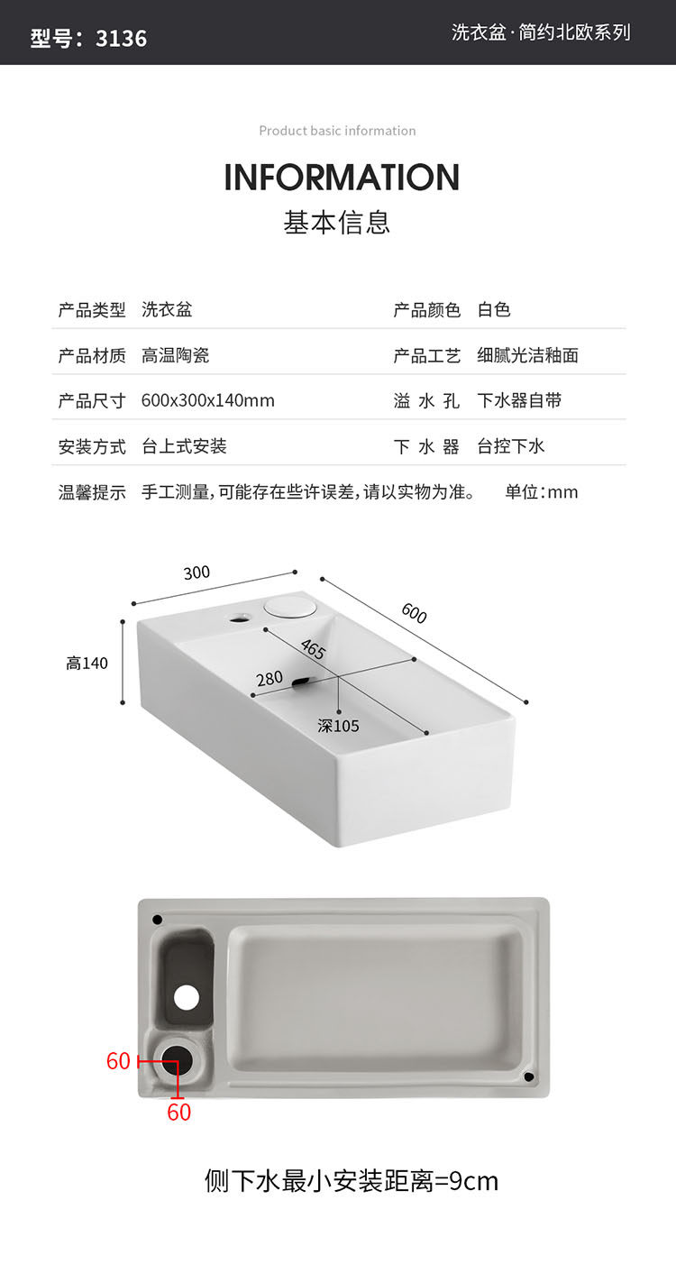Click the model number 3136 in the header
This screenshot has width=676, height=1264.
click(x=121, y=38)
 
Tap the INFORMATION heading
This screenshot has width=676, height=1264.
click(x=342, y=177)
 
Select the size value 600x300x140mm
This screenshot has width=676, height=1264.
click(x=207, y=400)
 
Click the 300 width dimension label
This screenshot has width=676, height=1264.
click(x=196, y=572)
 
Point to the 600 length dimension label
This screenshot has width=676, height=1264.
click(x=414, y=613)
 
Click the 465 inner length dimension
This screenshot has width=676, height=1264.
click(x=313, y=649)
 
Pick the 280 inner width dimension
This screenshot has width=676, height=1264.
click(x=269, y=678)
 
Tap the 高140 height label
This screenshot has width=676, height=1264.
click(x=87, y=664)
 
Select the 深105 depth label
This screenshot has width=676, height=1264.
click(x=338, y=726)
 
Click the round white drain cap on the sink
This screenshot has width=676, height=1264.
click(x=289, y=605)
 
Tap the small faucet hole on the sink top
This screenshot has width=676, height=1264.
click(x=241, y=618)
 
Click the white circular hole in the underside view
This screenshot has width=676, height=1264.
click(x=187, y=996)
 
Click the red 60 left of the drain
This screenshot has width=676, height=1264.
click(x=118, y=1061)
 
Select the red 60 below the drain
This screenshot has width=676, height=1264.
click(x=178, y=1113)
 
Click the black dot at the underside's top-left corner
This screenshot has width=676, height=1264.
click(x=158, y=920)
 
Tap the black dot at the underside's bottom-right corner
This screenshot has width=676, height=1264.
click(x=529, y=1076)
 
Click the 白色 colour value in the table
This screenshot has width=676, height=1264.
click(x=494, y=310)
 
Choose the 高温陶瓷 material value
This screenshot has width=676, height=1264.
click(x=176, y=355)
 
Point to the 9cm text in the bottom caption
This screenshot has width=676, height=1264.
click(x=474, y=1180)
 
